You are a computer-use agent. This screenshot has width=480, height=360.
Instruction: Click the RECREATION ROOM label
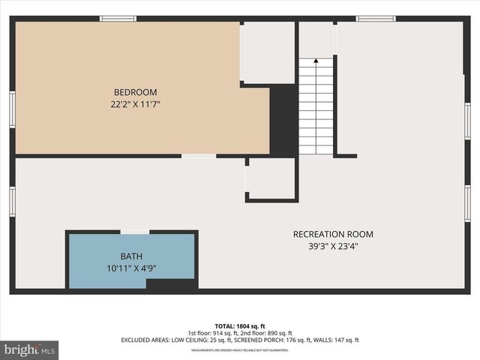point(332,234)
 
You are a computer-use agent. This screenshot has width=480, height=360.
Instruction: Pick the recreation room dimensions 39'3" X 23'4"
point(332,247)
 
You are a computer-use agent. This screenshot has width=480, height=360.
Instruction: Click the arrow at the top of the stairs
point(316,61)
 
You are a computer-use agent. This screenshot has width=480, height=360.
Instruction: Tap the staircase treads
point(316,109)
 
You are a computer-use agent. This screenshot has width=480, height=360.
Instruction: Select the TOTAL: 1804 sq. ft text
point(240,325)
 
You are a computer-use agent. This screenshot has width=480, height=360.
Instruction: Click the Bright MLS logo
point(29,349)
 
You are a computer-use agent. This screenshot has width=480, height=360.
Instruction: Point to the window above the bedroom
point(118,18)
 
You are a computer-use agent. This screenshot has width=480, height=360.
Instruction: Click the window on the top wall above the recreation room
point(376,18)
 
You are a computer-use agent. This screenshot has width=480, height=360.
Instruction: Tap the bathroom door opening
point(134,232)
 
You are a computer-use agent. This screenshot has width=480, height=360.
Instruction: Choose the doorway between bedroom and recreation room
point(199,156)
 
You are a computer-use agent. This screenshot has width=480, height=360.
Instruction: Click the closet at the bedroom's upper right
point(268,52)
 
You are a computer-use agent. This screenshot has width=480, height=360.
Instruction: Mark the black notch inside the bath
point(171,283)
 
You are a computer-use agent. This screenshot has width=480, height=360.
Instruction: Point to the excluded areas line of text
point(240,340)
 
